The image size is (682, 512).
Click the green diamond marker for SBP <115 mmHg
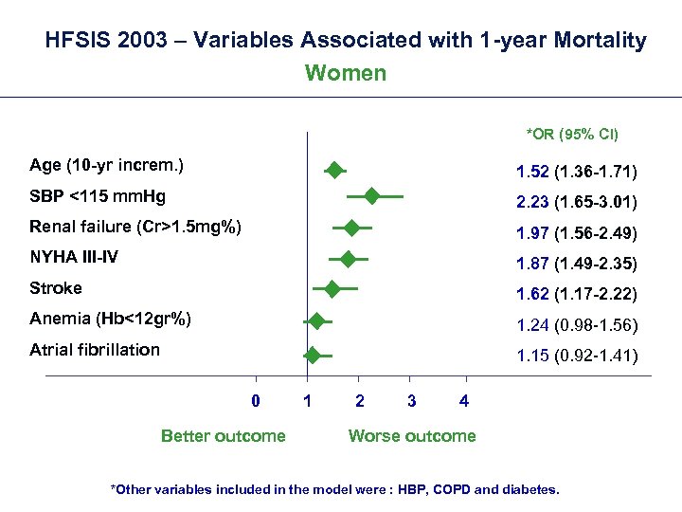[371, 196]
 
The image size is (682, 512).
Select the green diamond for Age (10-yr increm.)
[334, 170]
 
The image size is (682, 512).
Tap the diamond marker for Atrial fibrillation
[313, 356]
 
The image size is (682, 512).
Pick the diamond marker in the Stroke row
[332, 288]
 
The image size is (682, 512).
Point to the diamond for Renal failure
[352, 228]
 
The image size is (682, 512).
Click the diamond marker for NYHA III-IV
[348, 258]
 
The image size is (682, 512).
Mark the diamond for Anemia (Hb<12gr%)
[316, 321]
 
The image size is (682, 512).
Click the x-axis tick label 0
[256, 401]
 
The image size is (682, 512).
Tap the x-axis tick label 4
[463, 401]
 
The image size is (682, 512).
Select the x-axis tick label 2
[359, 401]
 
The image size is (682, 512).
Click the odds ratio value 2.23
[532, 203]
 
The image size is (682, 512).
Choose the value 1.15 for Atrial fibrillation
[532, 357]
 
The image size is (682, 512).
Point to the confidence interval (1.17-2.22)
[596, 295]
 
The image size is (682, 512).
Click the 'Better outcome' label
[223, 436]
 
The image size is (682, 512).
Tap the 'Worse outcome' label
[412, 436]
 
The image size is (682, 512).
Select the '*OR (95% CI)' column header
[572, 134]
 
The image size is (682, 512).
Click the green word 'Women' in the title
[346, 73]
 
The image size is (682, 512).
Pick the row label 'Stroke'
[56, 288]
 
